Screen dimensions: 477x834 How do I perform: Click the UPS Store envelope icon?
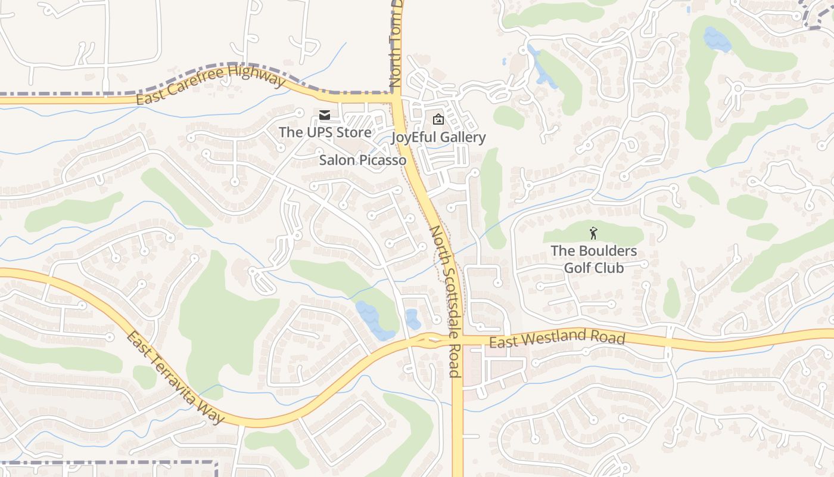324,114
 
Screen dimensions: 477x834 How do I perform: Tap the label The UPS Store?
325,132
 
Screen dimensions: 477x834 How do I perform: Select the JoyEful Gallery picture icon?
438,119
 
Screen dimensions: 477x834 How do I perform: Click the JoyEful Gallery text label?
438,138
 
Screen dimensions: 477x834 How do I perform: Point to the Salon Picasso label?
363,160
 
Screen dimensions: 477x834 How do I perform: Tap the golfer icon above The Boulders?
593,233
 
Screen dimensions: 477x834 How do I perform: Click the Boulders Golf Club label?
594,259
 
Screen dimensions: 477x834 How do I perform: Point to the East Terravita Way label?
175,377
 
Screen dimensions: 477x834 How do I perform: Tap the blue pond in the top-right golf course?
717,39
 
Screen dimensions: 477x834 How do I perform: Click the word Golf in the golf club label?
577,268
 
